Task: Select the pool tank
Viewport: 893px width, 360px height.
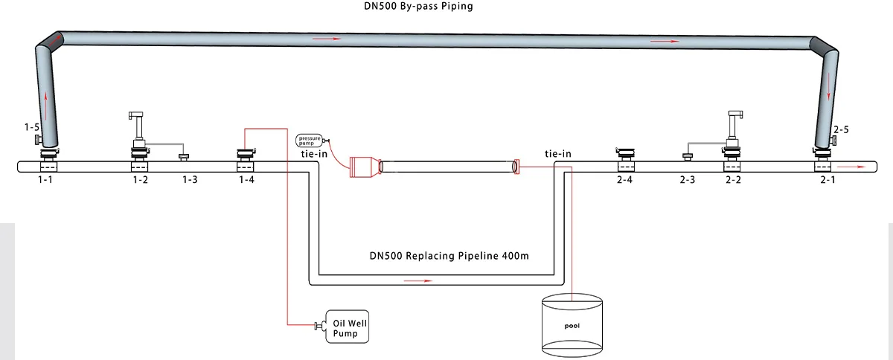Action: tap(572, 325)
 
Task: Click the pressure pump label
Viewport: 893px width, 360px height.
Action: tap(308, 139)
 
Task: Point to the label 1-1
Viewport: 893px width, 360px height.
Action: tap(51, 181)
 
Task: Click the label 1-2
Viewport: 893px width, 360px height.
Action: tap(140, 181)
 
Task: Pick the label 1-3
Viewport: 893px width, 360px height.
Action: tap(190, 181)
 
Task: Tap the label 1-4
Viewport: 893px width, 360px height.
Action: tap(246, 181)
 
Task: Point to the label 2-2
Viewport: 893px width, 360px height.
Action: tap(733, 181)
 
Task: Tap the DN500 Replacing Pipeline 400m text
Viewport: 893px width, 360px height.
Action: tap(449, 255)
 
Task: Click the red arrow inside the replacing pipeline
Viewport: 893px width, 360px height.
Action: tap(417, 281)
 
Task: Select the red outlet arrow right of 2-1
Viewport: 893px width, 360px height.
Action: tap(857, 167)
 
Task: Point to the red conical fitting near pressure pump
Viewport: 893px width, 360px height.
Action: tap(364, 167)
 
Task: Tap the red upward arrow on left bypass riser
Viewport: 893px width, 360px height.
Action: tap(48, 102)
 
